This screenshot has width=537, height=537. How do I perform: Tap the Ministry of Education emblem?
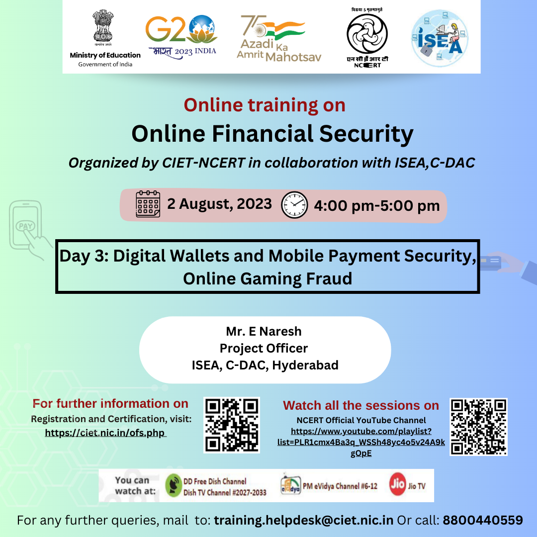103,27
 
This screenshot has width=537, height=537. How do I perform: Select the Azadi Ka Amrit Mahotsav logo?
279,38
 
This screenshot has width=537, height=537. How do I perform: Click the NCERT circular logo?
367,34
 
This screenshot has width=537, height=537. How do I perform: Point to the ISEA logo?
440,38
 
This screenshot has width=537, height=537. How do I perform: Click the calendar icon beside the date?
148,204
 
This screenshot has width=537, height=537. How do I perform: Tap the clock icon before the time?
294,205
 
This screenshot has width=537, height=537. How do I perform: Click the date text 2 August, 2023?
219,204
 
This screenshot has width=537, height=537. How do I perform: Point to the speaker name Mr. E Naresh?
264,332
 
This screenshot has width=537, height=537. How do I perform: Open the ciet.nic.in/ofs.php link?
105,433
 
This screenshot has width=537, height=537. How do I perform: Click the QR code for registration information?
232,425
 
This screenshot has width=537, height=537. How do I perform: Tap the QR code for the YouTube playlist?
478,427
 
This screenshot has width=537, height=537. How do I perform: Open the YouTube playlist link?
361,442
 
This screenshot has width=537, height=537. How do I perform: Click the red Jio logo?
398,484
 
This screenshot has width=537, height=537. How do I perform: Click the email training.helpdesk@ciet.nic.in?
304,520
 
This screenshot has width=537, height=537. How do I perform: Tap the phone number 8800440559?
483,520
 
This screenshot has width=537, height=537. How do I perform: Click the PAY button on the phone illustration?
25,226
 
